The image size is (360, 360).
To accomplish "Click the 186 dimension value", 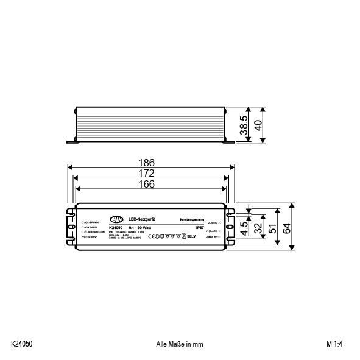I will tap(147, 163).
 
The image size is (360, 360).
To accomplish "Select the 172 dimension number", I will tap(147, 173).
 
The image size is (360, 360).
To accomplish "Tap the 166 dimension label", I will tap(147, 183).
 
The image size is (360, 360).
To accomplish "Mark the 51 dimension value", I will tap(273, 227).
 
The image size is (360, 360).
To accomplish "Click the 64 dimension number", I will tap(288, 227).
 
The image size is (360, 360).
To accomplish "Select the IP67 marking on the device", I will tap(190, 227).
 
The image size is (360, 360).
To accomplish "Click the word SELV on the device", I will tap(190, 236).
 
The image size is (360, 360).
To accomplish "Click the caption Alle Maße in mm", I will tap(180, 344).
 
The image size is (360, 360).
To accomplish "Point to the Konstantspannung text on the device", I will tap(191, 219).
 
